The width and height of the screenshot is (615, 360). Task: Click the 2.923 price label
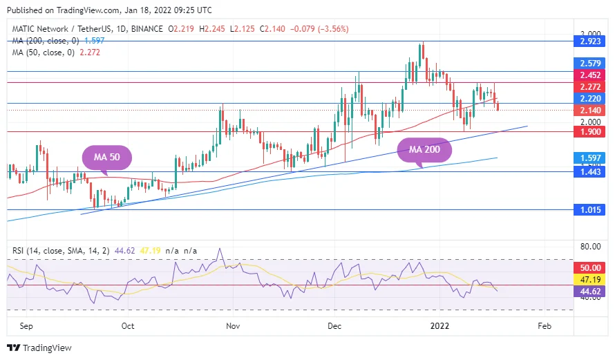591,41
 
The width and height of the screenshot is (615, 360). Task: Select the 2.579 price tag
591,63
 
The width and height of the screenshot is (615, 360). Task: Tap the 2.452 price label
591,75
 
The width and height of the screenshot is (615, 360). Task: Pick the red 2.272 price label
591,86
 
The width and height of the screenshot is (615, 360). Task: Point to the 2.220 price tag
591,99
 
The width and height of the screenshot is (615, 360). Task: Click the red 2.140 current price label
591,110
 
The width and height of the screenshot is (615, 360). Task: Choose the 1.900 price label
591,131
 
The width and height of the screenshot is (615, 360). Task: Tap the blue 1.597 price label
591,158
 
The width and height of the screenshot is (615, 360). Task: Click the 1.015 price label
591,210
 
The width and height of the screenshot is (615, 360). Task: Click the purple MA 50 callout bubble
107,158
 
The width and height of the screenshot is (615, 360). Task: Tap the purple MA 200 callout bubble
424,149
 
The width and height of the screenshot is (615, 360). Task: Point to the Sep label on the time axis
26,324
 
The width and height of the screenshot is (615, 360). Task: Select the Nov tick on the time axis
233,324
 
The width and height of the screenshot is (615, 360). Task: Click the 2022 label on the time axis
440,324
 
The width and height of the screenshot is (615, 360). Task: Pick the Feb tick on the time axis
544,324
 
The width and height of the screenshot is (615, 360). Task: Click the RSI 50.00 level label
591,267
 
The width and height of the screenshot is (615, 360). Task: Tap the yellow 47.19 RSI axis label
591,279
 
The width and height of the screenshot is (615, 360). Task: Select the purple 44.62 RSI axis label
591,292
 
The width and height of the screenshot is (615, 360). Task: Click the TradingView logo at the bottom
39,348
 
